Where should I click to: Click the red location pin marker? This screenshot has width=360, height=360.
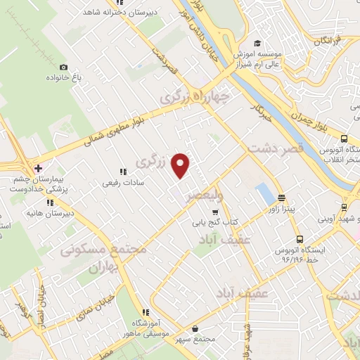tap(181, 165)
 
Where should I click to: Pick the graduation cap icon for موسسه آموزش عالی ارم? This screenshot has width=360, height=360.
tap(258, 43)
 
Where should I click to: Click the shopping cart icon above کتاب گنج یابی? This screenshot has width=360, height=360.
tap(215, 212)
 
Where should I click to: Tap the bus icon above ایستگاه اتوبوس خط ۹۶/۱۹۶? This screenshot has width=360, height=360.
tap(300, 238)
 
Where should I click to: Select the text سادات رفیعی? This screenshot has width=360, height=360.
tap(124, 182)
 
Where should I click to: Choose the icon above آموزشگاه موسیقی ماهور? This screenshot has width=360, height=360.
tap(146, 312)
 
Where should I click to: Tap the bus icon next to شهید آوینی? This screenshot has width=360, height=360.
tap(344, 207)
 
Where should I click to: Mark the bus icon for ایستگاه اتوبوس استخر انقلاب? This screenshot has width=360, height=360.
tap(344, 139)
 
